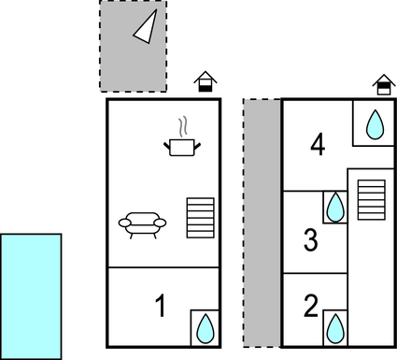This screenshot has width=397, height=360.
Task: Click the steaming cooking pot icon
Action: pos(183,145)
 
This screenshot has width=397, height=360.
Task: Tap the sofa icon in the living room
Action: pos(142,223)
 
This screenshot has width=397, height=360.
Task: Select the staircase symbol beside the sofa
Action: pos(200,217)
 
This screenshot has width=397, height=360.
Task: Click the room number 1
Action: pos(161,305)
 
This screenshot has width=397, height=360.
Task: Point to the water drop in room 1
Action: pos(205,327)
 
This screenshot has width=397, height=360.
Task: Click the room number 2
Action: pos(311,305)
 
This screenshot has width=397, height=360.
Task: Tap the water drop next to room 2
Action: pos(334,327)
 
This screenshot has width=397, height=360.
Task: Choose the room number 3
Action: pos(311,240)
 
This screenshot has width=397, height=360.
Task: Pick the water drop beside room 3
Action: pos(334,206)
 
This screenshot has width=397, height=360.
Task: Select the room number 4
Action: pos(318,145)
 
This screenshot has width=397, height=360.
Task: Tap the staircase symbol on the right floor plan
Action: pos(372,199)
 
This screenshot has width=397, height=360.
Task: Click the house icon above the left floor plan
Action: pos(205,82)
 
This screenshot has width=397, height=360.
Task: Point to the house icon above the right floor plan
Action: pos(382,85)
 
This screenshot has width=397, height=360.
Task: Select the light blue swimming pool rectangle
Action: pos(31,295)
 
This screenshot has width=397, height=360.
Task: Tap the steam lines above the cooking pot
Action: pos(184,126)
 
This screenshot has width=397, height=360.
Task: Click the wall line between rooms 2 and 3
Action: pos(315,273)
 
